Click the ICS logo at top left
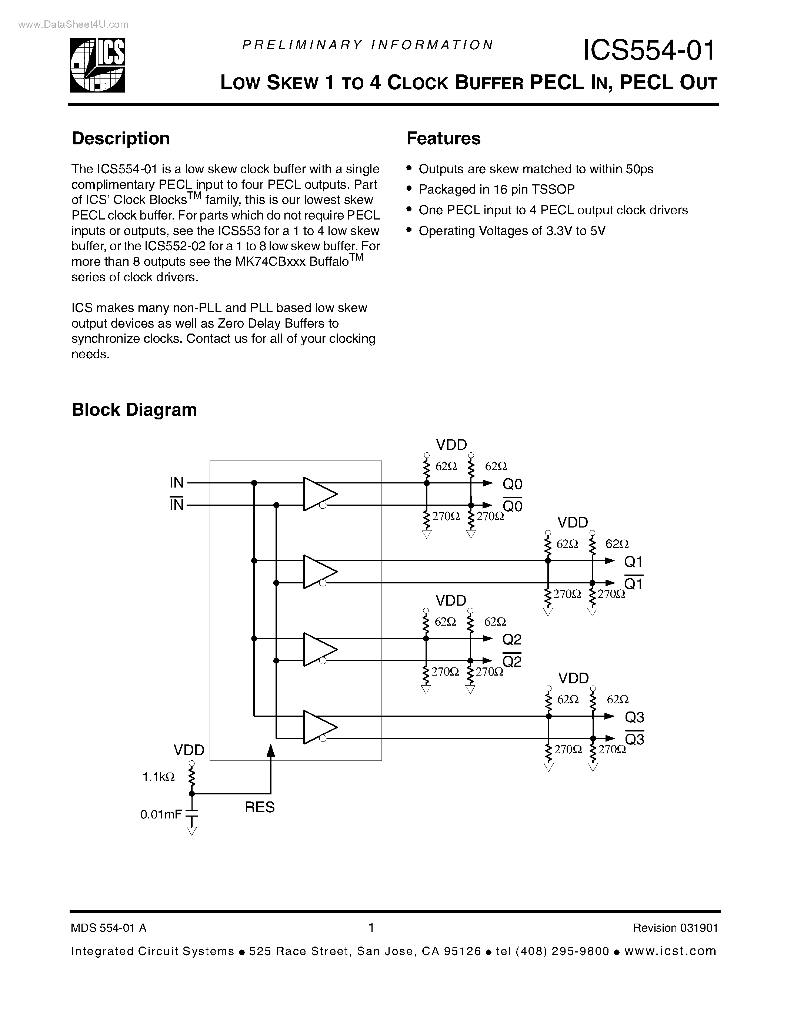click(97, 65)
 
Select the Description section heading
click(120, 138)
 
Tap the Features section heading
click(443, 138)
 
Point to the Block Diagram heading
click(134, 410)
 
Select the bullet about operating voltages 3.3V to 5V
click(511, 231)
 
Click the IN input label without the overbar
click(177, 482)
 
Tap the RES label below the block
click(260, 807)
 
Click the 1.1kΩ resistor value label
click(159, 777)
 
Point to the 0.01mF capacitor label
click(161, 814)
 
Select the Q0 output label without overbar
click(513, 484)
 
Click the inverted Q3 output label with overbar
click(634, 739)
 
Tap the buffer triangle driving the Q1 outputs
click(319, 572)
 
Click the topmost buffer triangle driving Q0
click(319, 493)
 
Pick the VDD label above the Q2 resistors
click(451, 600)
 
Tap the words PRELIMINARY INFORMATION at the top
click(367, 45)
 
